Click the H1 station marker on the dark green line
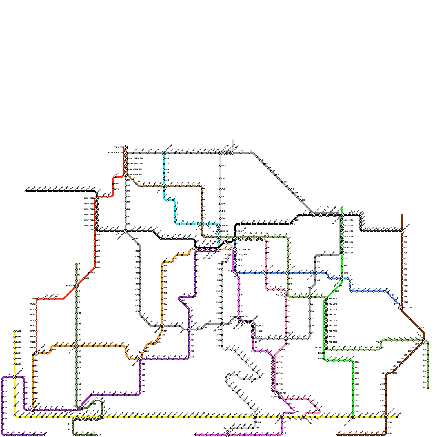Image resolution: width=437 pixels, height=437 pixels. point(76,264)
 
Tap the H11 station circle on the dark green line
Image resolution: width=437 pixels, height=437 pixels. point(76,319)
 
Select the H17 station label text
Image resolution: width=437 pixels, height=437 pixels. point(79,351)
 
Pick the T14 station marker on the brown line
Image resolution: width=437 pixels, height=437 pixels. point(202,197)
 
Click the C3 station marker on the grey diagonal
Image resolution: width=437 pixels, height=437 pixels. point(257,157)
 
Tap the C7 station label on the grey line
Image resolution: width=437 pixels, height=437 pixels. point(274,171)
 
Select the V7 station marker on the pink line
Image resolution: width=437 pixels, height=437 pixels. point(266,242)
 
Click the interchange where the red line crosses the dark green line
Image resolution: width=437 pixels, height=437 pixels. point(76,286)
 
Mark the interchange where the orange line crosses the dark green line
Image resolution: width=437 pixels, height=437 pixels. point(76,346)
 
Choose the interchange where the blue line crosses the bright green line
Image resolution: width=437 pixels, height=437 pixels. point(342,279)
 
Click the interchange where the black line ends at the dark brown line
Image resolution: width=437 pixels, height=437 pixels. point(402,231)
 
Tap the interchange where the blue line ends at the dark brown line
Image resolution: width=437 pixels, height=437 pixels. point(400,308)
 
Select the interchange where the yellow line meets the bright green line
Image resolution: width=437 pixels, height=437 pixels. point(353,417)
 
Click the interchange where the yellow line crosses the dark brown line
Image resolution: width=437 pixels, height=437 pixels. point(386,417)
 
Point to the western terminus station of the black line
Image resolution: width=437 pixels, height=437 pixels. point(25,191)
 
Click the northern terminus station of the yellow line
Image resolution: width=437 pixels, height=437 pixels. point(14,332)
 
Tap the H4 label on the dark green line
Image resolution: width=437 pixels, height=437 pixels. point(79,280)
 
